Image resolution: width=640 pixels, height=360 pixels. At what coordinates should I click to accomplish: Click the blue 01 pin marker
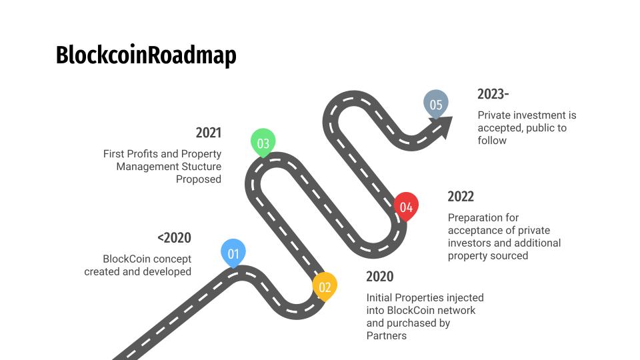233,253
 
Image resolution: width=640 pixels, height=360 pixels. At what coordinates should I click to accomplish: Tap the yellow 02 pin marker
325,287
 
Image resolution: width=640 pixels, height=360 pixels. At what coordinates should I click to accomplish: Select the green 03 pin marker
263,143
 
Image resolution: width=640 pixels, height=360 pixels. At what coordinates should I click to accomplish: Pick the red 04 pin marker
406,207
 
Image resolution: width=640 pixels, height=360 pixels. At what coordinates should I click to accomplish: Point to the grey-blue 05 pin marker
436,104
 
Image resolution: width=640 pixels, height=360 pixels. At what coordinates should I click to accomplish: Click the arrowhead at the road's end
443,126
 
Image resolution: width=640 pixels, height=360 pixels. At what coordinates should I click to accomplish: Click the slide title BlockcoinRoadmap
146,55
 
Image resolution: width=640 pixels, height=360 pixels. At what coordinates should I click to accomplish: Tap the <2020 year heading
174,237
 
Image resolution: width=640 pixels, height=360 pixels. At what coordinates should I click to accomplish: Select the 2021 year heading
209,133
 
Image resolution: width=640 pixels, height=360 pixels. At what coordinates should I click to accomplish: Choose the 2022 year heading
461,196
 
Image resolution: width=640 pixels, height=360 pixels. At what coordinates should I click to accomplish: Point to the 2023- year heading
493,94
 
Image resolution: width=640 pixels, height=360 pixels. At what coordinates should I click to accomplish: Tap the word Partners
387,335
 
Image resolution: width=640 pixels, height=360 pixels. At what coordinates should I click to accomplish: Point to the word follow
492,141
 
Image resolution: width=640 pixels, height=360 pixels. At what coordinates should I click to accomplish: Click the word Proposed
199,179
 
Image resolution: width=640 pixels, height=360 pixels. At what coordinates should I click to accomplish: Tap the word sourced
509,255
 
